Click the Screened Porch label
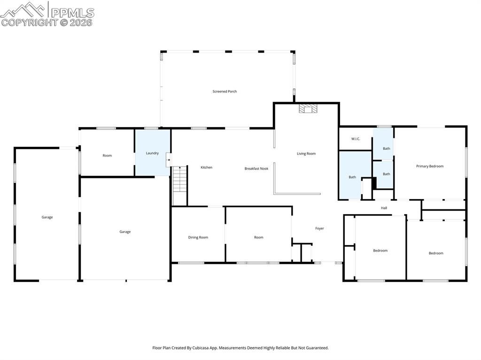click(225, 92)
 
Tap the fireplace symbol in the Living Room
click(308, 109)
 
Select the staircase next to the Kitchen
click(180, 186)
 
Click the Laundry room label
click(152, 153)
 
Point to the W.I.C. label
click(356, 139)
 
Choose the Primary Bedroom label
click(429, 166)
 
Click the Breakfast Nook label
click(256, 169)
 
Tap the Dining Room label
click(198, 237)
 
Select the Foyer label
click(319, 229)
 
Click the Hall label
click(384, 208)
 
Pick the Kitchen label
click(206, 168)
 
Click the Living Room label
click(306, 153)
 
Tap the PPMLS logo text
click(72, 13)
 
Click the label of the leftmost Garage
click(47, 217)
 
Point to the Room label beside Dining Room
click(258, 237)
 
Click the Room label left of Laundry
click(107, 155)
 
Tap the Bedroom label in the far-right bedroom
click(435, 253)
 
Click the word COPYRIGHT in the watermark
click(29, 22)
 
